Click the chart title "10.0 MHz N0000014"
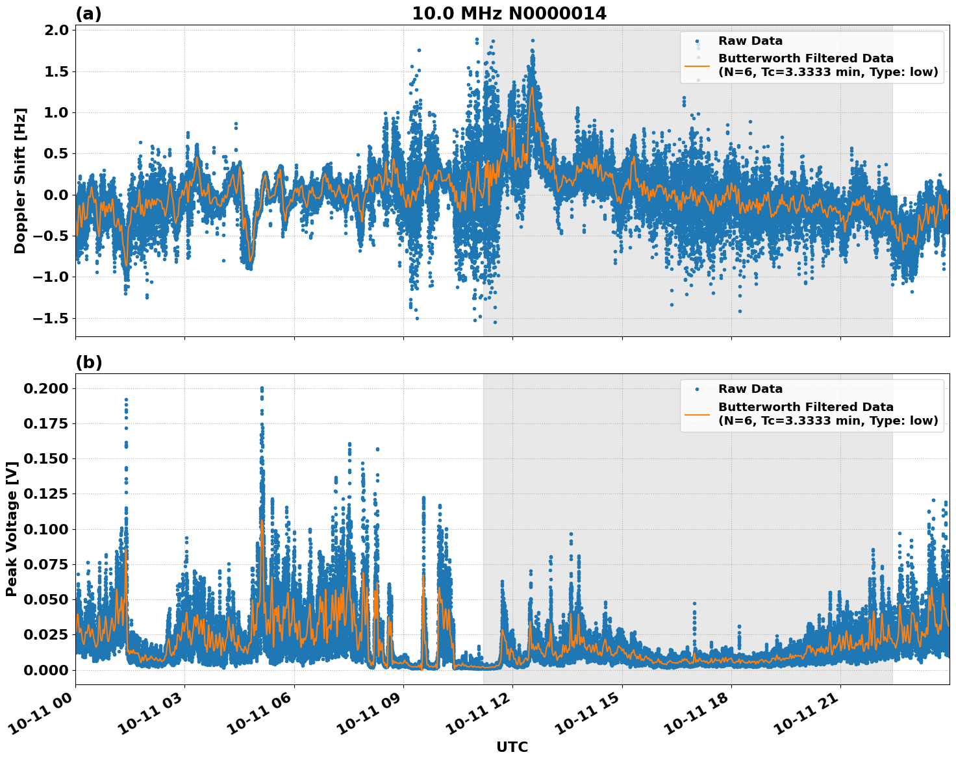[509, 14]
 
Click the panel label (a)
[88, 14]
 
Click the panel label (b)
[88, 362]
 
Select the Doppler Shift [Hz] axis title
[20, 181]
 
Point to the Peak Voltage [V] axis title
[11, 529]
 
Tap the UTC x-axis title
[512, 747]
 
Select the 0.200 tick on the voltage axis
[45, 388]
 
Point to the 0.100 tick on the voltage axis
[45, 529]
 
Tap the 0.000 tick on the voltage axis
[45, 669]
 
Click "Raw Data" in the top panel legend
[750, 41]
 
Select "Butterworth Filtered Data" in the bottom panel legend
[805, 407]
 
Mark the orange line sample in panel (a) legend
[698, 65]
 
